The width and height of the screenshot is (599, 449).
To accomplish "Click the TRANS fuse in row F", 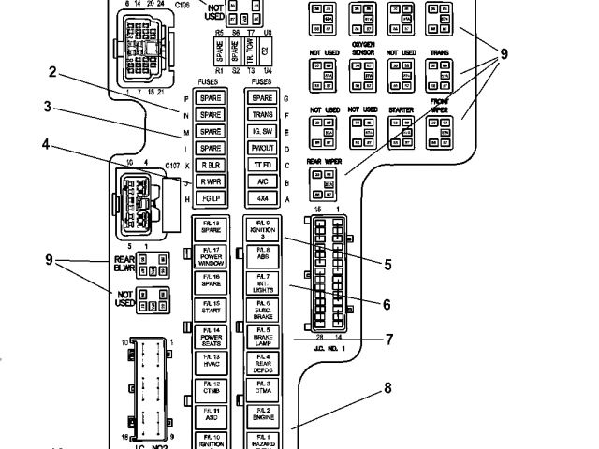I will point(263,115).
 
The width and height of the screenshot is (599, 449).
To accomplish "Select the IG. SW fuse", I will point(263,132).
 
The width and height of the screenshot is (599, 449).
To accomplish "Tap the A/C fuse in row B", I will point(263,181).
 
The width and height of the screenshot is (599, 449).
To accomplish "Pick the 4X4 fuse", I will point(263,198).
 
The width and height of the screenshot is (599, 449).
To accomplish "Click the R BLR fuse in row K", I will point(210,165).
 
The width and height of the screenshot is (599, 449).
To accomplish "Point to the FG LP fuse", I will point(210,198).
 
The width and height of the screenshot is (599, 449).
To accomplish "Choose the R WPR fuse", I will point(210,181).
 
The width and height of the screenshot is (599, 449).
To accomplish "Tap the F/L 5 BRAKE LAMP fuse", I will point(263,335).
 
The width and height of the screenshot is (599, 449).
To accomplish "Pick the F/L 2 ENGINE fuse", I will point(263,412).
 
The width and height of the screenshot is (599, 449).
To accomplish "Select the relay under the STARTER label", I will point(402,132).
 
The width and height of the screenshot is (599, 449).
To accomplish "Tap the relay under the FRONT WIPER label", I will point(440,132).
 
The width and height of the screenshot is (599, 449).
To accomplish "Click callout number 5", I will point(386,265).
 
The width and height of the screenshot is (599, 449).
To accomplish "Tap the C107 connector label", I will point(172,165).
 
